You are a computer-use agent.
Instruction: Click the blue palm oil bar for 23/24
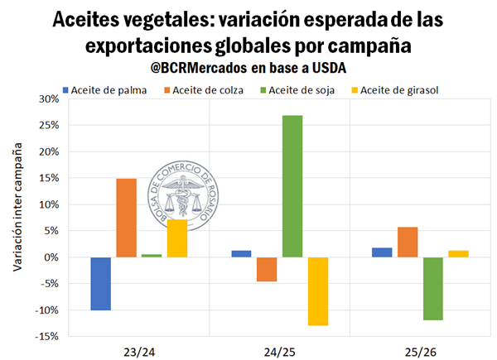tap(100, 283)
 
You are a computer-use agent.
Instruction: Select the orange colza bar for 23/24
tap(126, 218)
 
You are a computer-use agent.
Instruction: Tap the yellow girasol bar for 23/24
tap(176, 238)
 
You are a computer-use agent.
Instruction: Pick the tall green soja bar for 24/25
tap(292, 186)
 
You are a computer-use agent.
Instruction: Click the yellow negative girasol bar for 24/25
tap(317, 290)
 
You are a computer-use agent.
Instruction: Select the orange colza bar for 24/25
tap(267, 269)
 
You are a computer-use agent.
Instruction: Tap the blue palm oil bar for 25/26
tap(383, 252)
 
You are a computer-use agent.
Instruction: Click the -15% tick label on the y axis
tap(47, 336)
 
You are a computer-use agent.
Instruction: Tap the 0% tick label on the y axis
tap(51, 257)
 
